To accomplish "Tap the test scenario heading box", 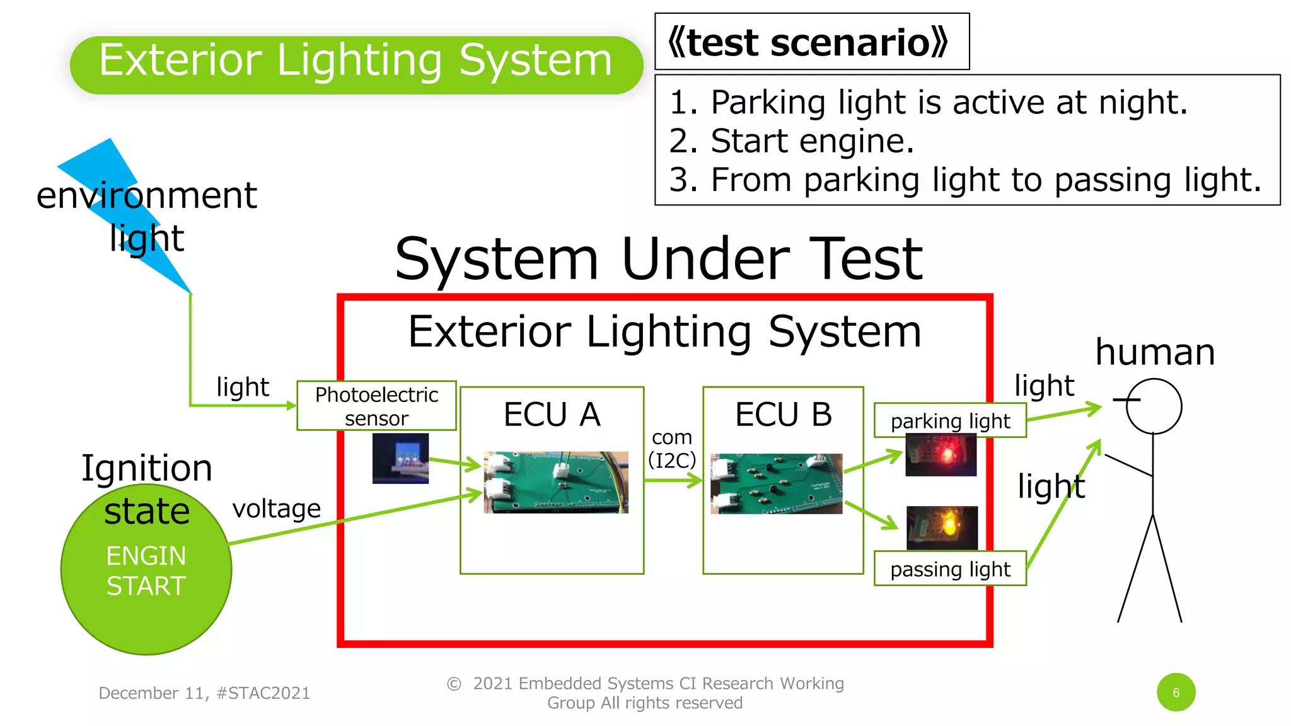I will pos(811,42).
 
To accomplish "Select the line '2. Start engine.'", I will pos(791,141).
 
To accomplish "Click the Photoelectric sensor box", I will pos(376,406).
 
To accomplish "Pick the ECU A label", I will pos(552,415).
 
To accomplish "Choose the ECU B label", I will pos(783,415).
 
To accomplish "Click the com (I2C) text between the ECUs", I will pos(672,448).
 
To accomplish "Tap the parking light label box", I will pos(950,420).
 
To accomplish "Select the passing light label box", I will pos(950,569).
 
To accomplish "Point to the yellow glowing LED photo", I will pos(942,527).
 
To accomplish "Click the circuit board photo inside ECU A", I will pos(555,482).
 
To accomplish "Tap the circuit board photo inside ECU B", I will pos(776,483).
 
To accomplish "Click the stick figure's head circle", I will pos(1154,406).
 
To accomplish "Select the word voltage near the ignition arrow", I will pos(276,509).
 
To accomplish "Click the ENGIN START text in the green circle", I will pos(146,571).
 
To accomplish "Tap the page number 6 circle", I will pos(1176,693).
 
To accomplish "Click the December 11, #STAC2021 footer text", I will pos(204,693).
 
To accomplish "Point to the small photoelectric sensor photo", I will pos(400,458).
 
